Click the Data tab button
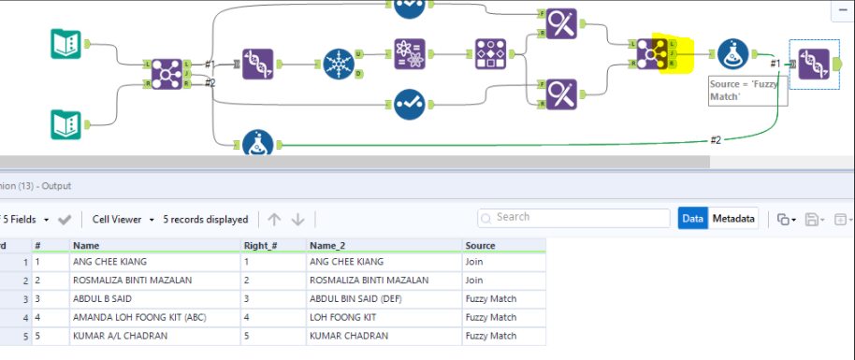[x=692, y=218]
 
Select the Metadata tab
[x=732, y=218]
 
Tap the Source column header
[x=480, y=245]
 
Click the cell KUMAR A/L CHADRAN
[x=118, y=336]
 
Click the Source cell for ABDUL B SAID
[x=490, y=298]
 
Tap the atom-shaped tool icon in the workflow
[x=410, y=55]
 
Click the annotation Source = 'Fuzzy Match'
[x=746, y=90]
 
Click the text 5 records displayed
[x=206, y=219]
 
